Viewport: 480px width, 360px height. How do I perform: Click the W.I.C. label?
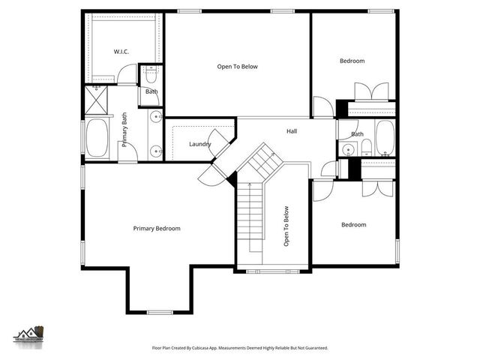122,51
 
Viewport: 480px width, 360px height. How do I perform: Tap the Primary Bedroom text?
157,228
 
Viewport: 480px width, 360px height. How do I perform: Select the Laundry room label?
199,144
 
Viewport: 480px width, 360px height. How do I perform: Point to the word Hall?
292,131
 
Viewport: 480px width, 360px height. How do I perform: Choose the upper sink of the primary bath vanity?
155,117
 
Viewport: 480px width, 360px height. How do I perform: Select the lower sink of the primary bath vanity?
155,148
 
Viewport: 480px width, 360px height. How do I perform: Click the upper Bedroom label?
352,61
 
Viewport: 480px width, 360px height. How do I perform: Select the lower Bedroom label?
353,224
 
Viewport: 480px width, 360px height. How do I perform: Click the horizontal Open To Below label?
237,67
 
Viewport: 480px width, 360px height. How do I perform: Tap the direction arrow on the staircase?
249,182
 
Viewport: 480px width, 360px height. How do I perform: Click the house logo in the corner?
30,332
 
